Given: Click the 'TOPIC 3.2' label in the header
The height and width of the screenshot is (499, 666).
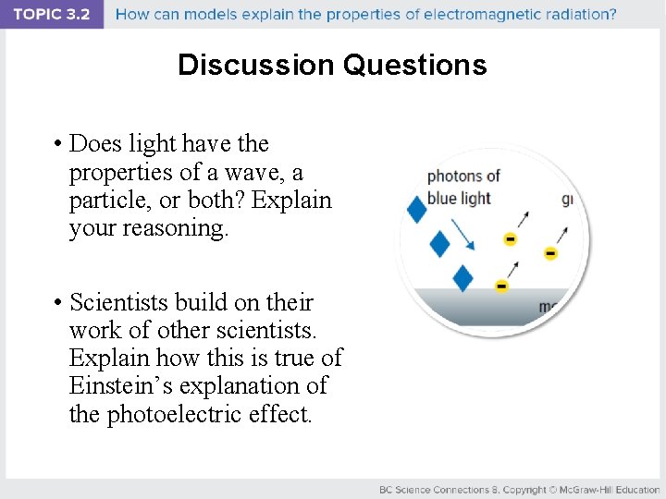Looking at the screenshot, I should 52,15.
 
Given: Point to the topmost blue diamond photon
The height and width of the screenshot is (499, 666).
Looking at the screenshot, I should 417,211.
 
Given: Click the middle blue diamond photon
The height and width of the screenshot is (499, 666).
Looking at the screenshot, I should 440,244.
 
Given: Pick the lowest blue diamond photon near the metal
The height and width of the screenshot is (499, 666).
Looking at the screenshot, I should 463,278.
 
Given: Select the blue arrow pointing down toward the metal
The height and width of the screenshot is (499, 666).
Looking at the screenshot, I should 462,235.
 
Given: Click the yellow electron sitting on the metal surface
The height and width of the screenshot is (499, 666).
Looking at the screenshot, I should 501,286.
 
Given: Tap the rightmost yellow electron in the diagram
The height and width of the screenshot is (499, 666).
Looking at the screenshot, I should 550,253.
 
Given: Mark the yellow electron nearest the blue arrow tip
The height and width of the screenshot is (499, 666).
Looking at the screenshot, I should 510,239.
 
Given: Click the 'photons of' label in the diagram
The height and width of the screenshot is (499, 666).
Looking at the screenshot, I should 463,176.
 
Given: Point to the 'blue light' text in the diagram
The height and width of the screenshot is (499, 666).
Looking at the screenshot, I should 458,197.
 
